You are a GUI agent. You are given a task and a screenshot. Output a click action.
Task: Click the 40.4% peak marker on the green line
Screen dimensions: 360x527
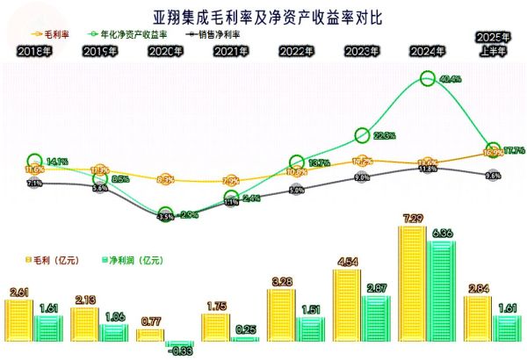coord(428,78)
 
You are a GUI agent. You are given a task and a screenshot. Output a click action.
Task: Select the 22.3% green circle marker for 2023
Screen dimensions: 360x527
coord(361,134)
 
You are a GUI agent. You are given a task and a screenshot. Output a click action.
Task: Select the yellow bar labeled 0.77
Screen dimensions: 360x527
coord(150,335)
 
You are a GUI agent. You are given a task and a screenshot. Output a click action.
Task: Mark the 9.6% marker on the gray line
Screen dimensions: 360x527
coord(493,176)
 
